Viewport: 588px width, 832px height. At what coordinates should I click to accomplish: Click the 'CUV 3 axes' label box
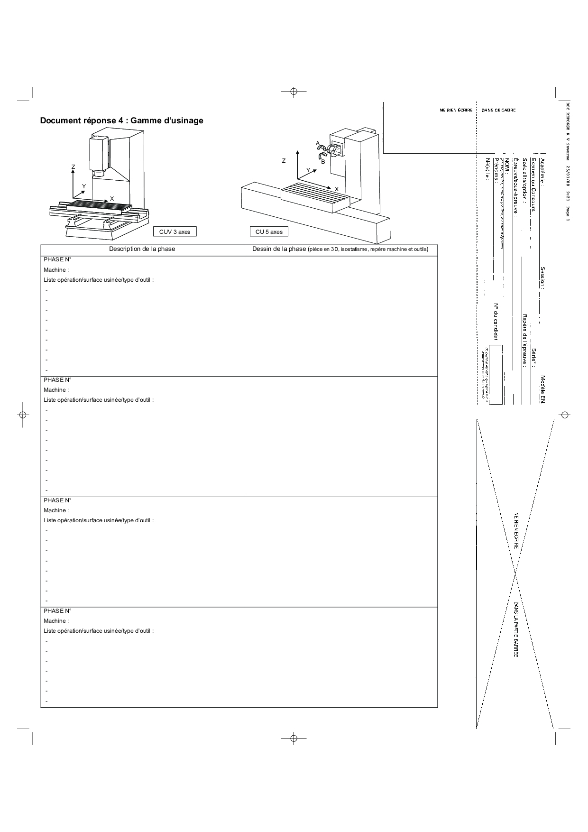click(175, 232)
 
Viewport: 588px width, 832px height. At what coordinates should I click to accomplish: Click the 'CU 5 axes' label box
click(269, 232)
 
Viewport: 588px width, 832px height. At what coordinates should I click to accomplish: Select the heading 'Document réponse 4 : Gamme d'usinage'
click(121, 120)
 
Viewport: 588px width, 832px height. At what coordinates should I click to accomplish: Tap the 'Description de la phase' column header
click(142, 249)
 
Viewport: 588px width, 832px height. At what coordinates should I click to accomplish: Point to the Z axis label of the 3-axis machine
click(73, 167)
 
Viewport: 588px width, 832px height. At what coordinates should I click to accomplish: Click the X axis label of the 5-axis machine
click(337, 189)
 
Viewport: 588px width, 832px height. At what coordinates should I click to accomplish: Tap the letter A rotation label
click(318, 143)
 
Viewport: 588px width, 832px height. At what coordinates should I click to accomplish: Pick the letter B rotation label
click(322, 162)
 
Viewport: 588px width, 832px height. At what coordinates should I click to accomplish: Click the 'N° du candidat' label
click(496, 321)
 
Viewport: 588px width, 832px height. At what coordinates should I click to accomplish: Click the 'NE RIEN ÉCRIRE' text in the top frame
click(456, 110)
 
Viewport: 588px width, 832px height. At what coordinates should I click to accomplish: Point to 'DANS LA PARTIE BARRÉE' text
click(516, 629)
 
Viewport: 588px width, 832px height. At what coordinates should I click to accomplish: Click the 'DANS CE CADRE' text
click(498, 110)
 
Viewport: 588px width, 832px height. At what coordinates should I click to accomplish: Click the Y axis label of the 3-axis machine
click(84, 186)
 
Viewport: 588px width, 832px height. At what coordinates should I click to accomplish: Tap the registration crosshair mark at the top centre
click(294, 91)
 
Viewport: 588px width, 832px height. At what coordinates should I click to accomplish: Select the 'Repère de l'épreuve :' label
click(524, 340)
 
